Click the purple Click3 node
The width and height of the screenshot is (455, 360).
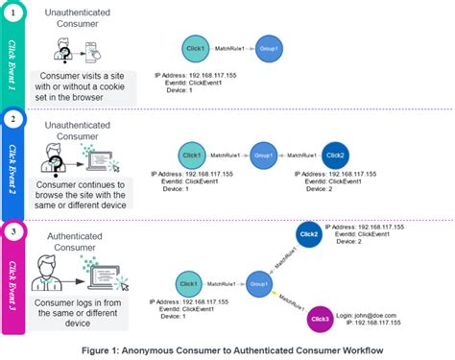click(x=321, y=318)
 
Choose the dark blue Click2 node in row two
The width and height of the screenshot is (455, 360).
click(x=335, y=155)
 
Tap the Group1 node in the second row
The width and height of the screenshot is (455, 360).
click(x=263, y=155)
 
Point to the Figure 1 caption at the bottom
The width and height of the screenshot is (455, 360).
click(x=227, y=349)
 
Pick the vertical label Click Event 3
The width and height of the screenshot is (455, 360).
click(x=13, y=278)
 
